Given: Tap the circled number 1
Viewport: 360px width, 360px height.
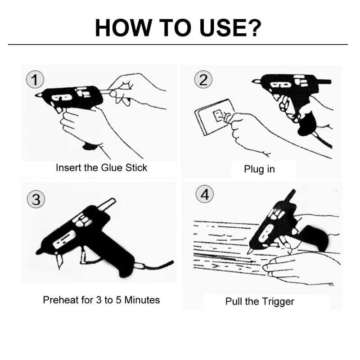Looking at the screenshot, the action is coord(35,80).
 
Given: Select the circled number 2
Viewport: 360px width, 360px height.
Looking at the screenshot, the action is coord(203,80).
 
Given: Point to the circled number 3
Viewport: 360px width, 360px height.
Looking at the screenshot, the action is coord(36,199).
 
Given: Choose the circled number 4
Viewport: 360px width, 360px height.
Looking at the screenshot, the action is coord(205,194).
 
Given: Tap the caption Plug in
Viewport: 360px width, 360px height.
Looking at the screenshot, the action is coord(260,169).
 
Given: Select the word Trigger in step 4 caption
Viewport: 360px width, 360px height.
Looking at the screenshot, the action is coord(278,301).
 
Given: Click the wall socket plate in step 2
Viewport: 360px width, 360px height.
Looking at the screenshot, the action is coord(214,117).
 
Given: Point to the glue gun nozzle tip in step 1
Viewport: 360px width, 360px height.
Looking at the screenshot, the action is coord(36,95).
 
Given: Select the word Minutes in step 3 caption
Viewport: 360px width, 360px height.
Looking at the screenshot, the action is coord(142,300).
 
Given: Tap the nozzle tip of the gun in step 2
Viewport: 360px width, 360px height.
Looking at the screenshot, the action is coord(253,81).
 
